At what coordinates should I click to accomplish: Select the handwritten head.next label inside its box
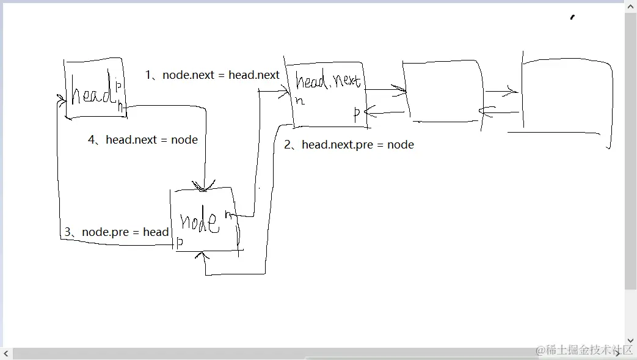click(328, 81)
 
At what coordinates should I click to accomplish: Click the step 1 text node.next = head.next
click(212, 75)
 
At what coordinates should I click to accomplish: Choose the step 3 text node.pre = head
click(117, 232)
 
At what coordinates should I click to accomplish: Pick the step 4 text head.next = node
click(143, 140)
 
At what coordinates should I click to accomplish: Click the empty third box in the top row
click(443, 92)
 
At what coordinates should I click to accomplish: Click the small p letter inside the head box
click(118, 86)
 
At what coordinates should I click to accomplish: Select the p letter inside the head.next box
click(357, 112)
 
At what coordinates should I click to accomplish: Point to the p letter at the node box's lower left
click(180, 243)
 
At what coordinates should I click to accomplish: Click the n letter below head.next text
click(300, 100)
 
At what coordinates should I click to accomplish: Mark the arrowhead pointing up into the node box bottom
click(200, 255)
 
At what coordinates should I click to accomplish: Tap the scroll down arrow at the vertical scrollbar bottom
click(630, 341)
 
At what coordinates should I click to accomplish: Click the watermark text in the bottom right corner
click(585, 350)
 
